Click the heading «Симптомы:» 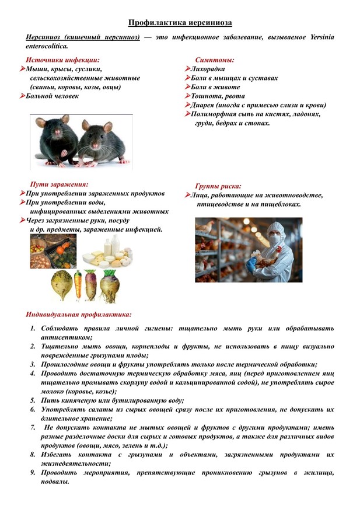[x=215, y=60]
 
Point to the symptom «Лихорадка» [x=208, y=69]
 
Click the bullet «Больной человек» [x=52, y=96]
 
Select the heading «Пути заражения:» [x=59, y=184]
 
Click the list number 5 [x=33, y=401]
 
